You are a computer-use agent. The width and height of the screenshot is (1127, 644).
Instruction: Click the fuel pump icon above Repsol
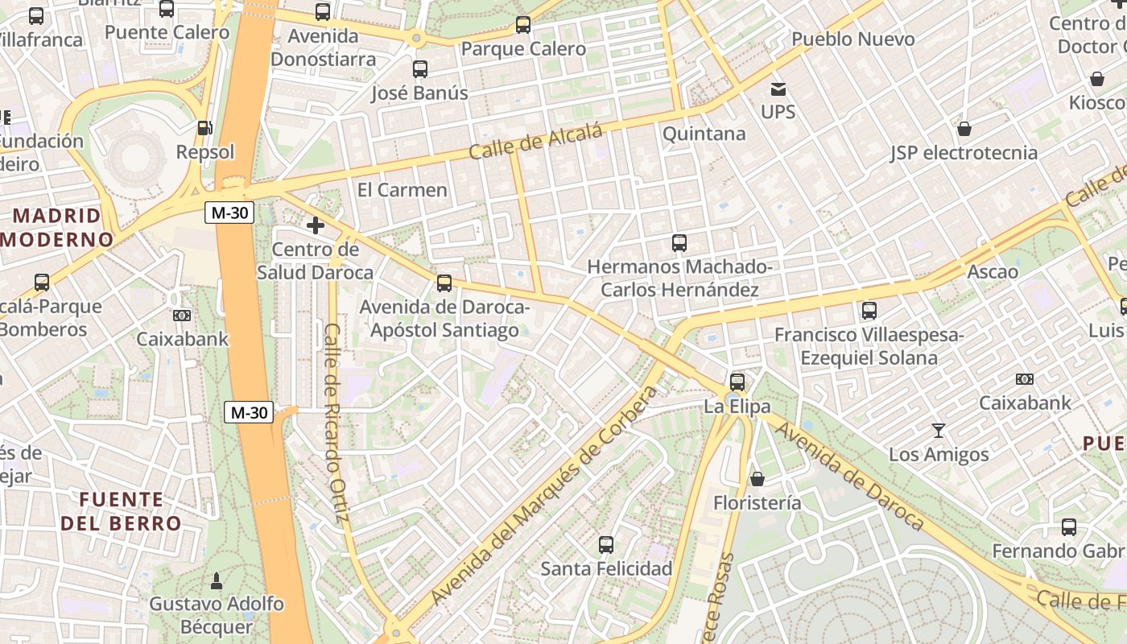pos(205,128)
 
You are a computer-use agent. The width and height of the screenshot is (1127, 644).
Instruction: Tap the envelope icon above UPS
pos(778,89)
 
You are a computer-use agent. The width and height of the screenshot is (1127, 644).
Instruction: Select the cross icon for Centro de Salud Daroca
pos(316,225)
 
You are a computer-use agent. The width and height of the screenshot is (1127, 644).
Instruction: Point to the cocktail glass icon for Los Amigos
pos(939,431)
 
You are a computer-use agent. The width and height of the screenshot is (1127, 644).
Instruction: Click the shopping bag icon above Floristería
pos(757,479)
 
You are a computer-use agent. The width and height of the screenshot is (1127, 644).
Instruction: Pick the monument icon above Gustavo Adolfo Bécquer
pos(216,580)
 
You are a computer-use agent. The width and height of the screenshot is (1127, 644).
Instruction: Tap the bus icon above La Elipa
pos(737,382)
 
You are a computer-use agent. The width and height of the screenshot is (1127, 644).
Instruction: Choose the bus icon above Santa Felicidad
pos(606,545)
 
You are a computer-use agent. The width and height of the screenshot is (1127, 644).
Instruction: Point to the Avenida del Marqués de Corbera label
pos(545,495)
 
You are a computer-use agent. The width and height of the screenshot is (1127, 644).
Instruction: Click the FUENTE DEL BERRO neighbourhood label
pos(122,511)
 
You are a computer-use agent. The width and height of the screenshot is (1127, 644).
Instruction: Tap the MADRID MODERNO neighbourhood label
pos(58,227)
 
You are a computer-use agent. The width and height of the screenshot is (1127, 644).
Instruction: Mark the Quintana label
pos(704,134)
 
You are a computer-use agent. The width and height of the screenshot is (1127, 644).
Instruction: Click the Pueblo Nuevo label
pos(852,39)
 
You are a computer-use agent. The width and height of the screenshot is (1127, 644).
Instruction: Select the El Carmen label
pos(402,190)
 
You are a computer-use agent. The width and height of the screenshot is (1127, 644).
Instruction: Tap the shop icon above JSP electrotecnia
pos(964,129)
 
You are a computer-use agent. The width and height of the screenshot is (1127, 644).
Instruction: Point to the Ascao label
pos(992,271)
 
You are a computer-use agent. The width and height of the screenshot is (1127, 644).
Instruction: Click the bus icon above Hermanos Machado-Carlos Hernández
pos(679,242)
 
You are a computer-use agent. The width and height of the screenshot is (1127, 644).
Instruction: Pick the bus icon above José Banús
pos(420,69)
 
